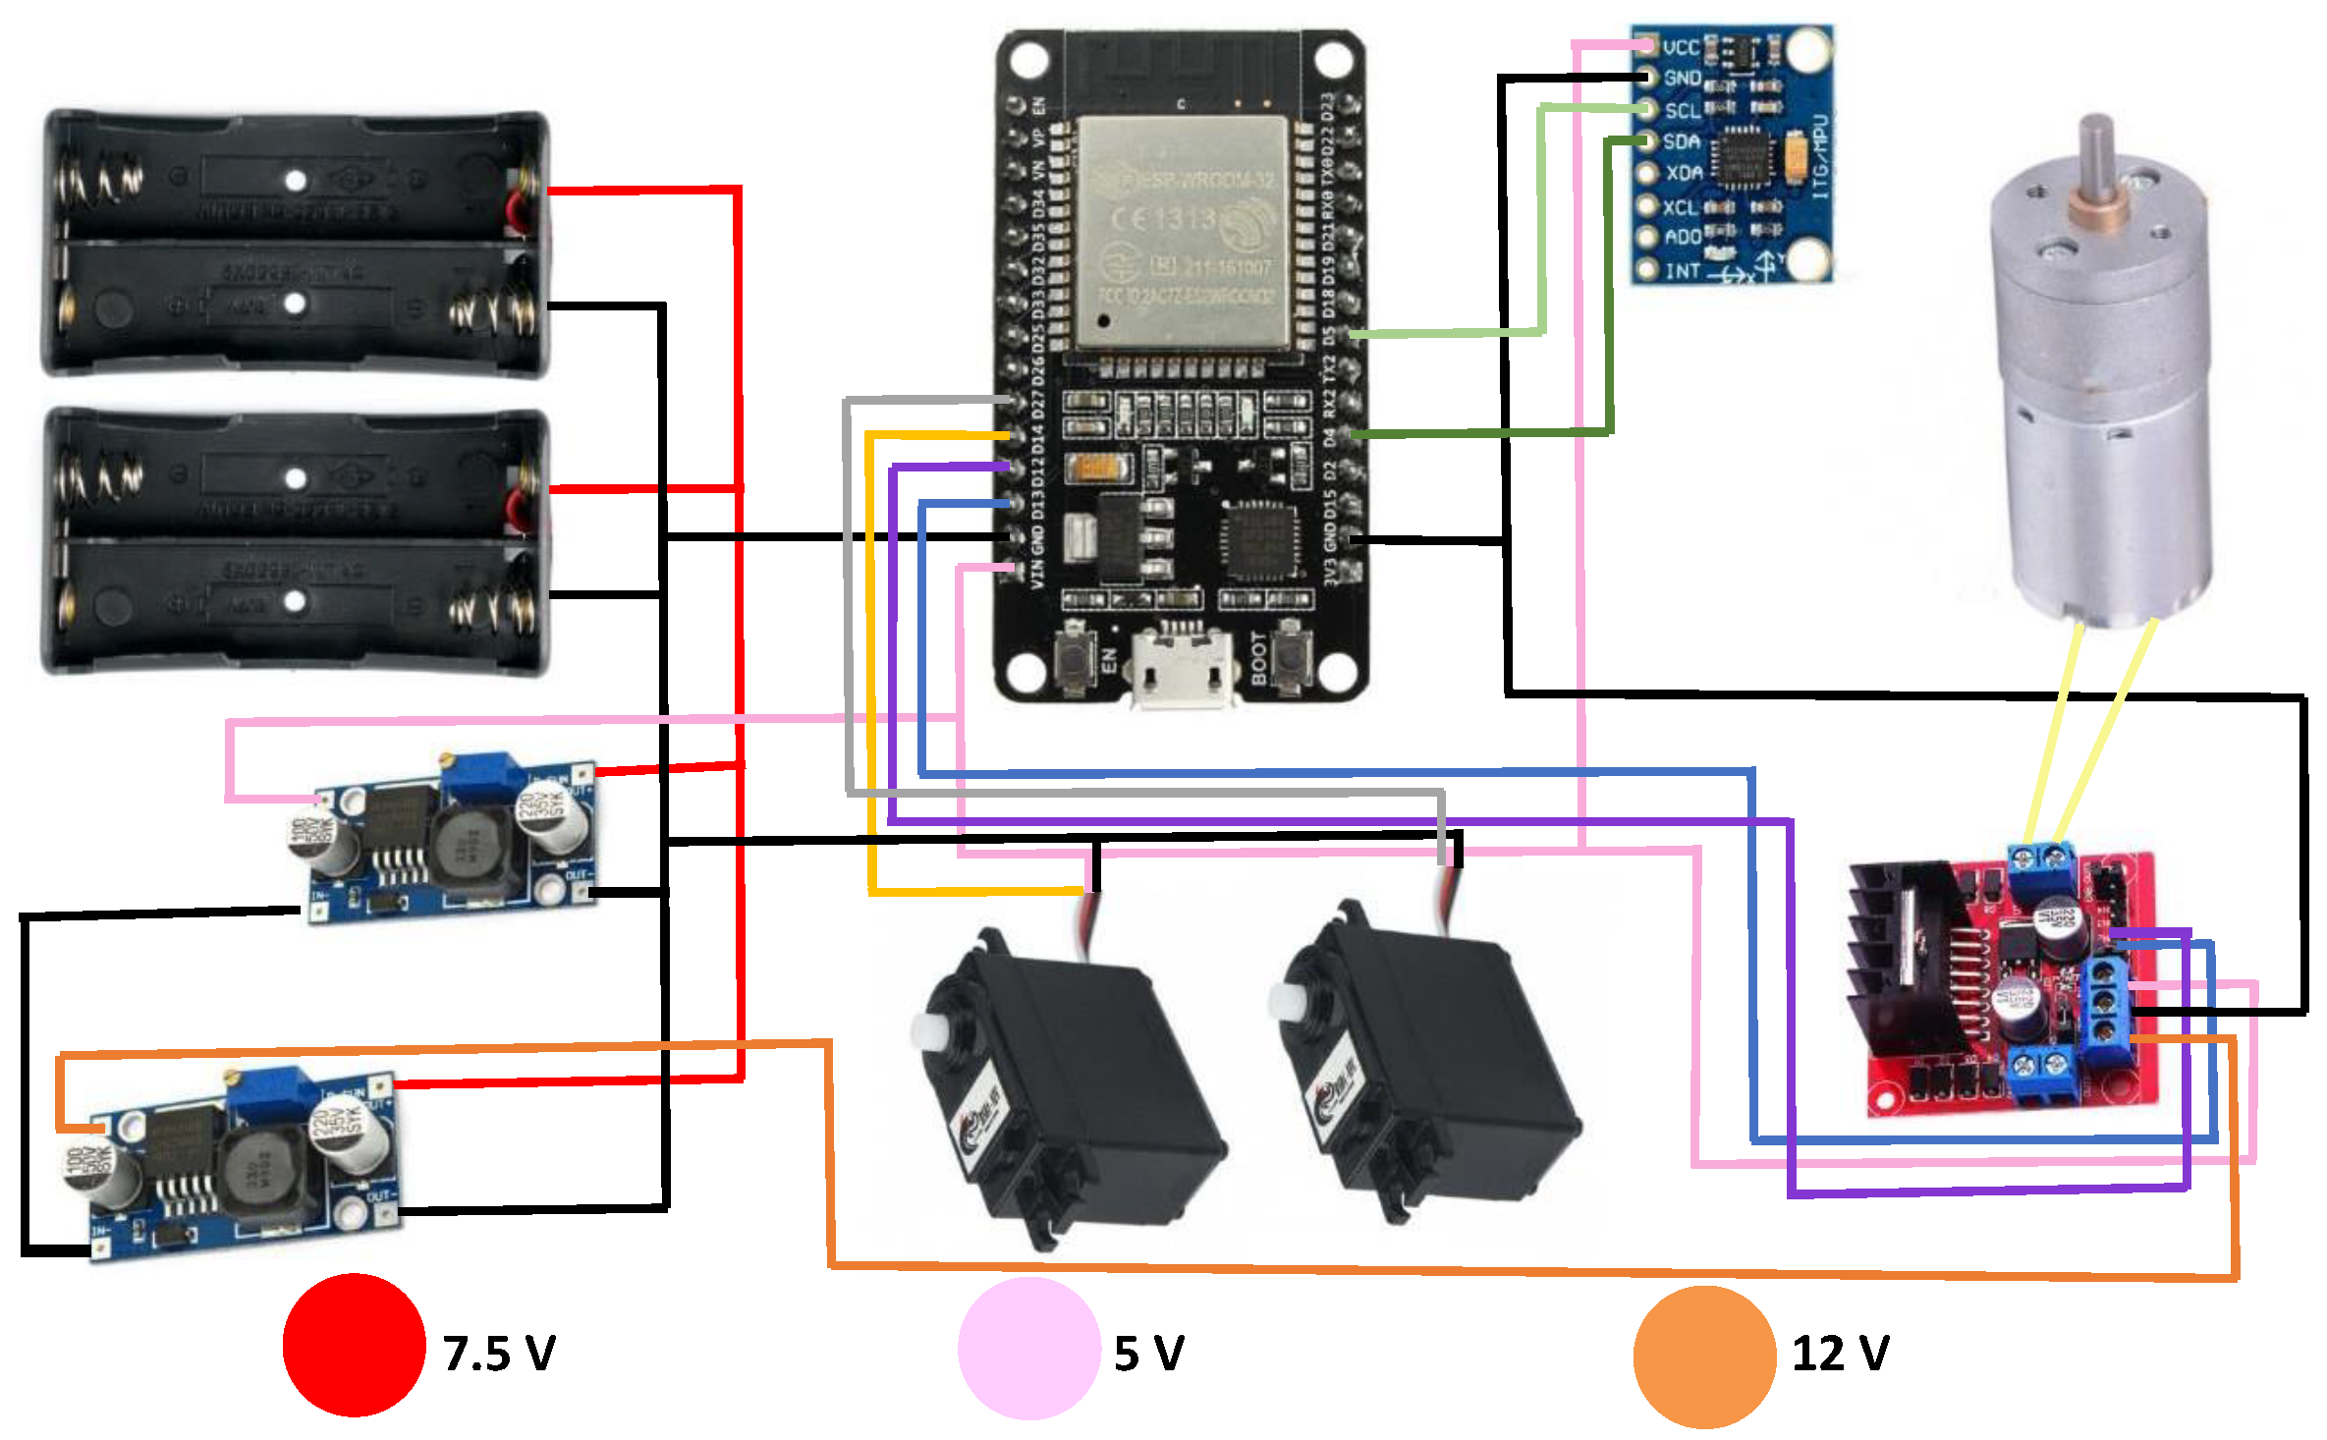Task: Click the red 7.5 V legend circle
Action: coord(354,1345)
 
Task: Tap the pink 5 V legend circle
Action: coord(1028,1349)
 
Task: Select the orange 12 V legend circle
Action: coord(1704,1357)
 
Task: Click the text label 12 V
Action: coord(1840,1354)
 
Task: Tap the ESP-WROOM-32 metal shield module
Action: coord(1183,234)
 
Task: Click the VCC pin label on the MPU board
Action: coord(1681,47)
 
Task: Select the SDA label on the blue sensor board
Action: coord(1681,141)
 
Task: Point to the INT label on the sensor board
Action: coord(1681,270)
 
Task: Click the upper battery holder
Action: coord(295,243)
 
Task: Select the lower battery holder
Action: coord(295,541)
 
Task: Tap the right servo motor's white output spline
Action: coord(1285,1002)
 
